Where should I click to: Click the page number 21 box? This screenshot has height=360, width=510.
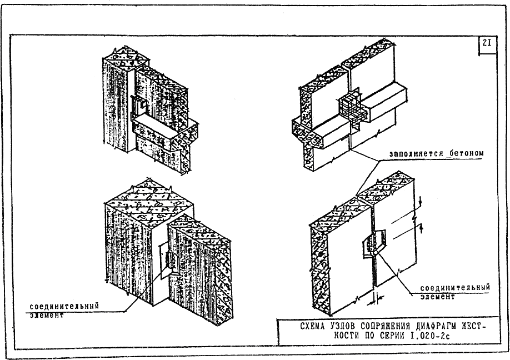point(487,45)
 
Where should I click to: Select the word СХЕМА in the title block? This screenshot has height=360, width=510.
point(312,326)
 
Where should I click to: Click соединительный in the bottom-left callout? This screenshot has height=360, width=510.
point(64,306)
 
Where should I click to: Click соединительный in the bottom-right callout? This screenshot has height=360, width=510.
point(454,288)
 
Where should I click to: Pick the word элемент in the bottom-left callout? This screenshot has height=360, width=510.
point(47,315)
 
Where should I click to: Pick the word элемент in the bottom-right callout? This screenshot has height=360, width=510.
point(437,297)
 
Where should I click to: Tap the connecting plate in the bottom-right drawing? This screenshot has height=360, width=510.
point(374,244)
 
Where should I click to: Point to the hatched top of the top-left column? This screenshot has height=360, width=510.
point(126,59)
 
